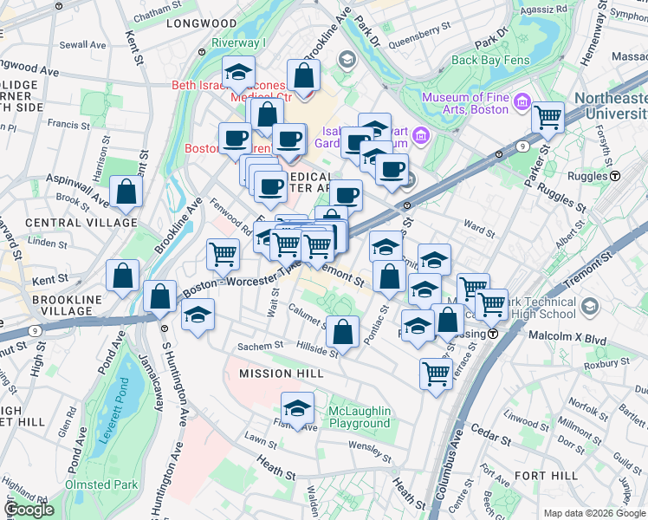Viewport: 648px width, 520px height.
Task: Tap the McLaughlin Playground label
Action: pyautogui.click(x=360, y=417)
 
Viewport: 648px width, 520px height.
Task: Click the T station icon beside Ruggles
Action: pyautogui.click(x=616, y=175)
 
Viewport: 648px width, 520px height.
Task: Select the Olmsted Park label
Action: pyautogui.click(x=100, y=484)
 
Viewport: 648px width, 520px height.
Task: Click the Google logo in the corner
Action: pyautogui.click(x=29, y=510)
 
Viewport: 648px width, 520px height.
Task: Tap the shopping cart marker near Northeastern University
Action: pyautogui.click(x=548, y=117)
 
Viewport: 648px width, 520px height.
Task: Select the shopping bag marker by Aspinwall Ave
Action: pyautogui.click(x=126, y=194)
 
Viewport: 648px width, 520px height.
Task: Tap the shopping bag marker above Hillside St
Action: pyautogui.click(x=344, y=332)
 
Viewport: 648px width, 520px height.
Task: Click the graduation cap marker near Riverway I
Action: pyautogui.click(x=238, y=74)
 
